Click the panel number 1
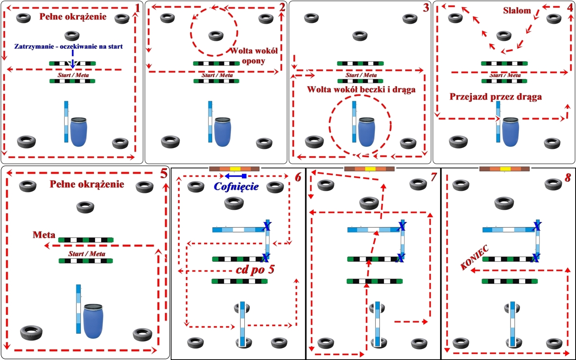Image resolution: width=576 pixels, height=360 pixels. pos(137,7)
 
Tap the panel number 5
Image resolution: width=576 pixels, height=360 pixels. pos(163,174)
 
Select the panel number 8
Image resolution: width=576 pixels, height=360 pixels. pos(567,177)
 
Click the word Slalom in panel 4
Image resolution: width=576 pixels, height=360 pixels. pos(517,11)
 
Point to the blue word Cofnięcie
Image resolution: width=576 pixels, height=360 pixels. pos(236,187)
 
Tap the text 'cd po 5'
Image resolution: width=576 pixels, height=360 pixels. pos(256,270)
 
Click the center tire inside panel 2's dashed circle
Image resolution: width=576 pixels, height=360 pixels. pos(216,36)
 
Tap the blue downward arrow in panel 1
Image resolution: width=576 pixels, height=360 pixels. pos(72,59)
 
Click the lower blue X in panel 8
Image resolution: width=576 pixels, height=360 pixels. pos(536,257)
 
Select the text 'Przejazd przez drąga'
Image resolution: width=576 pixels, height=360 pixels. pos(496,97)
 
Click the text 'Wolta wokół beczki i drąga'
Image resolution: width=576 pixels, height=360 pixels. pos(361,89)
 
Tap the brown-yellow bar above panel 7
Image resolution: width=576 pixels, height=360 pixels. pos(369,169)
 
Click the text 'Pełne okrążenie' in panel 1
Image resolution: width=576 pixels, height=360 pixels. pos(73,17)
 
